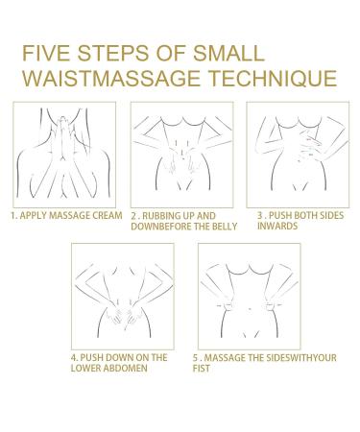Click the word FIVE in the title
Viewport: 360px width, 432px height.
(x=46, y=53)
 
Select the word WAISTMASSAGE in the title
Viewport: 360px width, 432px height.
(x=111, y=78)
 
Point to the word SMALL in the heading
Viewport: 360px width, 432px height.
(x=228, y=53)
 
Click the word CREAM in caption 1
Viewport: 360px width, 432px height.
(x=108, y=215)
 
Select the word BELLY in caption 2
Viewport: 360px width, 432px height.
(x=224, y=227)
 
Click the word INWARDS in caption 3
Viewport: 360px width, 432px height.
(x=277, y=226)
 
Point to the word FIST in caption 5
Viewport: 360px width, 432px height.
(x=202, y=369)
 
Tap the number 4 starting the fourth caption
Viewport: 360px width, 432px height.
(x=73, y=357)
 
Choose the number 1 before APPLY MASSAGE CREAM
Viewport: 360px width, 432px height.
(x=12, y=215)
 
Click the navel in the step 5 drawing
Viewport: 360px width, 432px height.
(x=250, y=309)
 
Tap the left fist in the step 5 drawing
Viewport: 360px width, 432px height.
(x=228, y=306)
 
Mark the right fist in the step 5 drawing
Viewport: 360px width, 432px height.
(x=271, y=306)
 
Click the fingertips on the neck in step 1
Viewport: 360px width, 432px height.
(x=63, y=120)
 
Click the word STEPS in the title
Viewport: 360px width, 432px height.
(x=113, y=53)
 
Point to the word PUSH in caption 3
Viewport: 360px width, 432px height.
(x=280, y=215)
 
